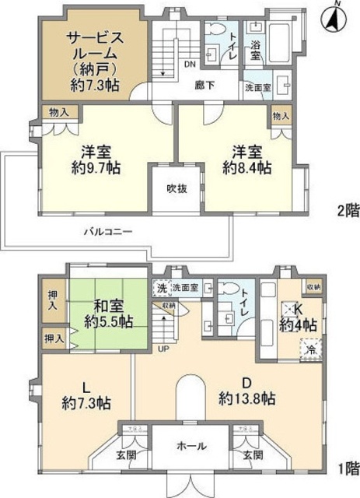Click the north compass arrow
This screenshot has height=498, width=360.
tap(336, 16)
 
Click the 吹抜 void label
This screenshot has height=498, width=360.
tap(174, 188)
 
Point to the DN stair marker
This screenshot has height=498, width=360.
tap(189, 65)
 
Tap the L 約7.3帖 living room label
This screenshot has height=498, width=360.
tap(86, 395)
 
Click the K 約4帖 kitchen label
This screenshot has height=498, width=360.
tap(299, 317)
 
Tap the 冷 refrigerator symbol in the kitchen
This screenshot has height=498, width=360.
tap(313, 350)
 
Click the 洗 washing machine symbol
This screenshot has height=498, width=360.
tap(162, 288)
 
